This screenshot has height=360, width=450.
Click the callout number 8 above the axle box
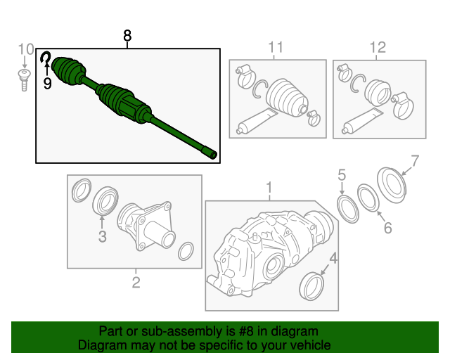[x=127, y=35]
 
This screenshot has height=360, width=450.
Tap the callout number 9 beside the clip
[x=48, y=84]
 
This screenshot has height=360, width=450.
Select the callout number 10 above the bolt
[x=25, y=49]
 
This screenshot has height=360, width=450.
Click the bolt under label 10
[x=23, y=78]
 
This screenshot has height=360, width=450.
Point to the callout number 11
[x=275, y=47]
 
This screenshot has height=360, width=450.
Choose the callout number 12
[x=378, y=47]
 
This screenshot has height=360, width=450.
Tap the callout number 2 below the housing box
[x=136, y=283]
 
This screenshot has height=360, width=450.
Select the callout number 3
[x=102, y=237]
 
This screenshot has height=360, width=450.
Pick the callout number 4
[x=333, y=258]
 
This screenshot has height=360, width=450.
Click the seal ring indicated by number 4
[x=311, y=287]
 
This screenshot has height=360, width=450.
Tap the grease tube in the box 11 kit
[x=258, y=121]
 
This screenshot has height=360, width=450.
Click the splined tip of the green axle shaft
[x=210, y=153]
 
